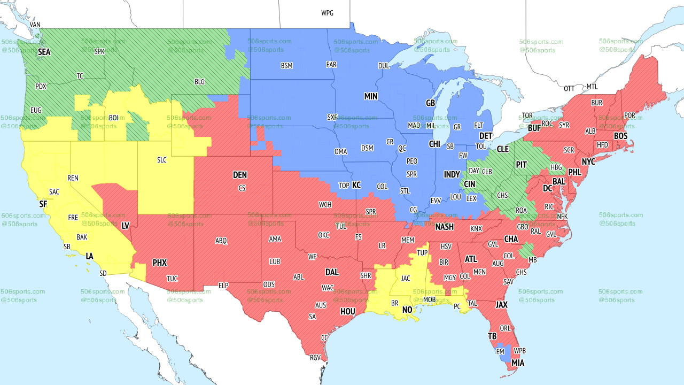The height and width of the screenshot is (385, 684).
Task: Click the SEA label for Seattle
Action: [44, 52]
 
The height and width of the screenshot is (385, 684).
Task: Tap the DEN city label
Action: [240, 175]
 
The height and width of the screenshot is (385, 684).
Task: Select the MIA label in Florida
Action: [517, 363]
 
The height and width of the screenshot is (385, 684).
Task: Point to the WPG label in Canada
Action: [327, 13]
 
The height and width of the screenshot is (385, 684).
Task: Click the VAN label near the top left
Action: [35, 25]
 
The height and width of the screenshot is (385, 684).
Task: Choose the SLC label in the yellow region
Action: [162, 160]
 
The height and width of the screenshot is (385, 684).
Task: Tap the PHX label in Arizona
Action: [159, 263]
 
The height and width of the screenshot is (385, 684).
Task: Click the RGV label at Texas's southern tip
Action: [315, 358]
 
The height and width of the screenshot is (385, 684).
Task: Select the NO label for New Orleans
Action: [407, 310]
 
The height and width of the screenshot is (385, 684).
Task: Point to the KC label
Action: [356, 185]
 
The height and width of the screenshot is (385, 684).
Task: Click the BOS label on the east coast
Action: [620, 136]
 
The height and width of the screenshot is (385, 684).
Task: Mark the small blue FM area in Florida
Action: [501, 353]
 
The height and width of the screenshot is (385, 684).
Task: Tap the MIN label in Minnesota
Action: [371, 97]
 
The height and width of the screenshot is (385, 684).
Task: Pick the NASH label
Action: [444, 227]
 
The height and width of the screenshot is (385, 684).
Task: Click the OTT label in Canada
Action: [570, 88]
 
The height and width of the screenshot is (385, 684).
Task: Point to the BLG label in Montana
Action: [199, 82]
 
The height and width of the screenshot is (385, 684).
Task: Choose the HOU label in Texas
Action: [347, 311]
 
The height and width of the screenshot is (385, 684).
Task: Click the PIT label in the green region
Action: [522, 165]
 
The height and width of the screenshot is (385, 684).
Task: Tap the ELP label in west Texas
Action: [223, 286]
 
